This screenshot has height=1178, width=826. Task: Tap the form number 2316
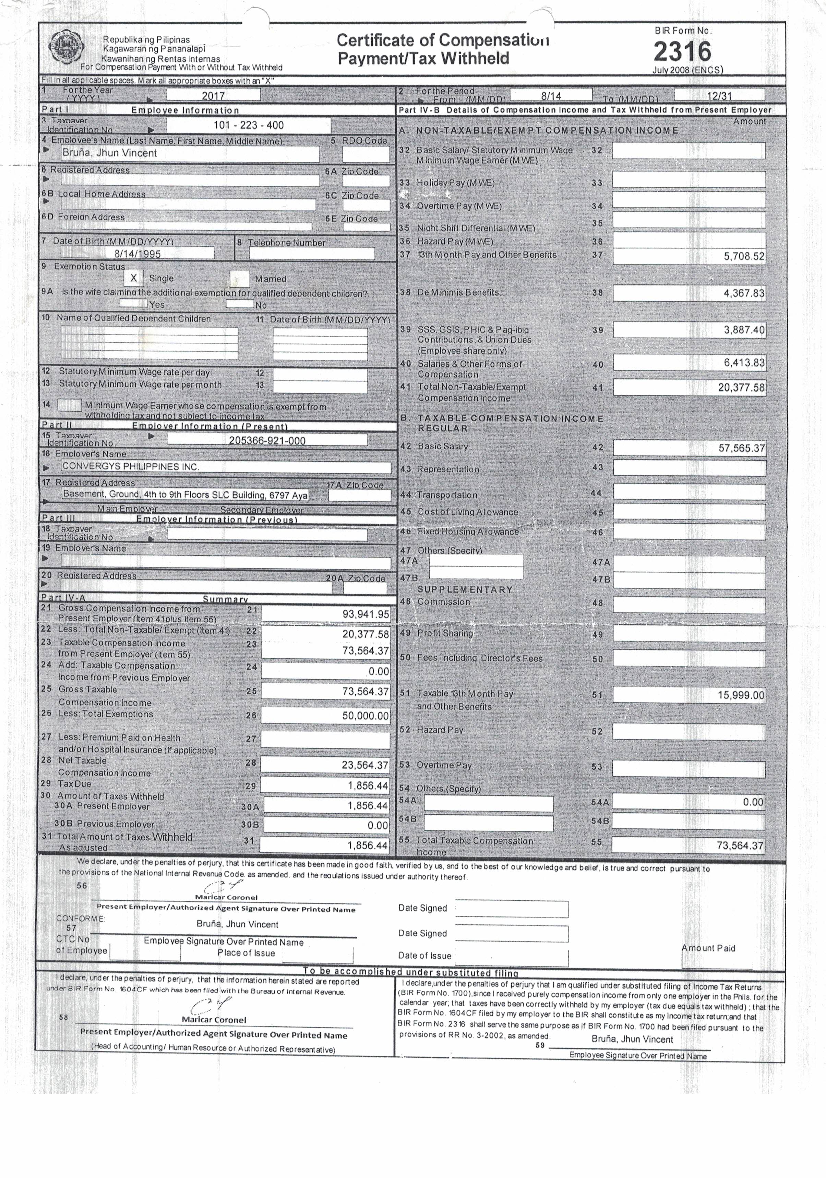click(682, 51)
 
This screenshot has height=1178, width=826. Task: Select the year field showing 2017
click(213, 95)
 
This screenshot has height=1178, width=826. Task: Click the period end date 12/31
click(719, 95)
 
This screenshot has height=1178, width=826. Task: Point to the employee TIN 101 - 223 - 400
click(249, 125)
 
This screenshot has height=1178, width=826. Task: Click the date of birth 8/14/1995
click(137, 253)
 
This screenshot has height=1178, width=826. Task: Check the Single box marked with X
click(133, 278)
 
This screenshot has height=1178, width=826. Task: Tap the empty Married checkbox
click(239, 279)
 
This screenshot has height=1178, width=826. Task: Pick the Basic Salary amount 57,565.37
click(741, 448)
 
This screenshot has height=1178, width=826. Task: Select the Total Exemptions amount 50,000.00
click(366, 716)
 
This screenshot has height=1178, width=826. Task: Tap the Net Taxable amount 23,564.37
click(365, 765)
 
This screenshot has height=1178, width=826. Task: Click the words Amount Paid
click(708, 948)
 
